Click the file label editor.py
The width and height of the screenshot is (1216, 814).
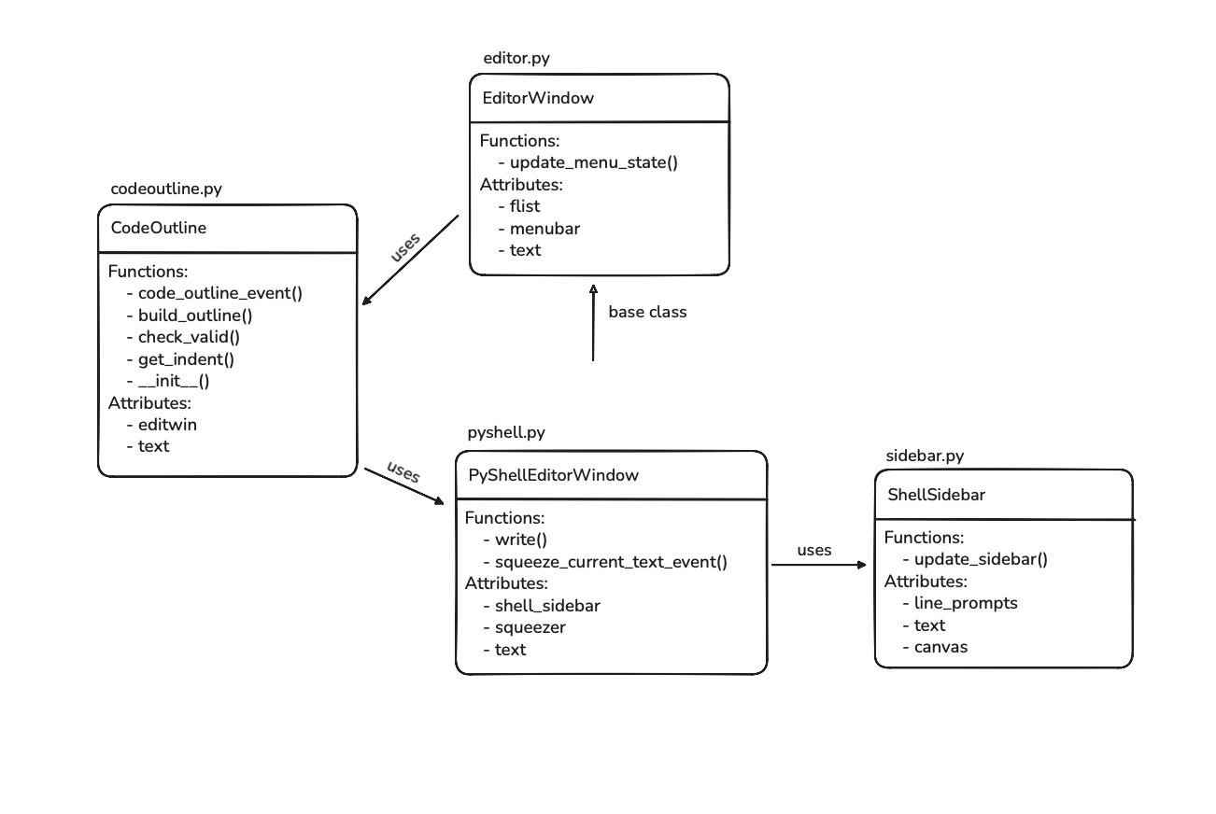[516, 58]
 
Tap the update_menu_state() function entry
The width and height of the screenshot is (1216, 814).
[593, 162]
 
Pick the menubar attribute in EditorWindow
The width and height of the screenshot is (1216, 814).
[544, 228]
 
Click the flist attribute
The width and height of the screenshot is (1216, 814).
[525, 206]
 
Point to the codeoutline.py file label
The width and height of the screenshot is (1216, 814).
[166, 189]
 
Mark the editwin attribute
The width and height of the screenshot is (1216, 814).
[167, 424]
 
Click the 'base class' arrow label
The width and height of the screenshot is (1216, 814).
[647, 312]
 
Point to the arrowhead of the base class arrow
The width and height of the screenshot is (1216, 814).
[593, 289]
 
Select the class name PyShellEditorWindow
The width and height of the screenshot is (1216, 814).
[553, 475]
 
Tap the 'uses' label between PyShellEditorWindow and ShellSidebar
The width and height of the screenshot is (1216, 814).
[813, 550]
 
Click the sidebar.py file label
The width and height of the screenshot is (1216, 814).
[924, 456]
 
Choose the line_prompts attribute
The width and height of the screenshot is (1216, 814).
[966, 603]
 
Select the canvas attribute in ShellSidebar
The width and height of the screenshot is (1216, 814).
[940, 646]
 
